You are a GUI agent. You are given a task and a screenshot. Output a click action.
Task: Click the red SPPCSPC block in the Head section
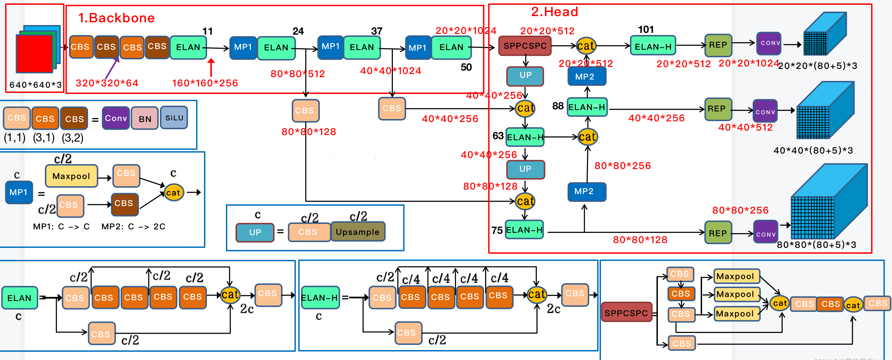[525, 46]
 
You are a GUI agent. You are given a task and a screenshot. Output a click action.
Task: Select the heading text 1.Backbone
[116, 18]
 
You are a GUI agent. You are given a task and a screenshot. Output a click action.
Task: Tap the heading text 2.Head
[554, 12]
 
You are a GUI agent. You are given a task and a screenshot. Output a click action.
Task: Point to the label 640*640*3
[35, 85]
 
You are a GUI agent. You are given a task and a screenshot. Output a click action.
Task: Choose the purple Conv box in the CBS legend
[116, 118]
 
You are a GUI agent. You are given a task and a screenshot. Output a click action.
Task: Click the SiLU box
[174, 118]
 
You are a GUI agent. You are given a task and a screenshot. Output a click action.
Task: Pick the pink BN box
[145, 119]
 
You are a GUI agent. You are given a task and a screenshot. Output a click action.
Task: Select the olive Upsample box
[357, 232]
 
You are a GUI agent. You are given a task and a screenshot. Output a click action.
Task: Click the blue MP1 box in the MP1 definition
[19, 192]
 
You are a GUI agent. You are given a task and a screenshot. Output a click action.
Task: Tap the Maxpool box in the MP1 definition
[71, 176]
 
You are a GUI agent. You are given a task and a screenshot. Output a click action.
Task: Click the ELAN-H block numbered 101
[653, 46]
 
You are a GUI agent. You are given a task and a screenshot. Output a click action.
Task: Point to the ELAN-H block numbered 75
[524, 230]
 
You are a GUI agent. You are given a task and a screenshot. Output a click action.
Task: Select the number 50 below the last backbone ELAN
[466, 67]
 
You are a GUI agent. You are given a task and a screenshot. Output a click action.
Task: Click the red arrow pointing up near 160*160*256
[211, 68]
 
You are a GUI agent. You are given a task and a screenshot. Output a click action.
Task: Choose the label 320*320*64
[107, 83]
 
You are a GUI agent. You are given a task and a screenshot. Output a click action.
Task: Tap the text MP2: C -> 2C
[133, 226]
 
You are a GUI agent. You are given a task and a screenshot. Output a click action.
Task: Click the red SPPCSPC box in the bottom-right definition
[626, 313]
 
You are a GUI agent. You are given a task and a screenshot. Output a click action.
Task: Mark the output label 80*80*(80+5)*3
[816, 245]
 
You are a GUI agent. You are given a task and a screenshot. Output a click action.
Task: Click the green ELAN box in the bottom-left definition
[20, 298]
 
